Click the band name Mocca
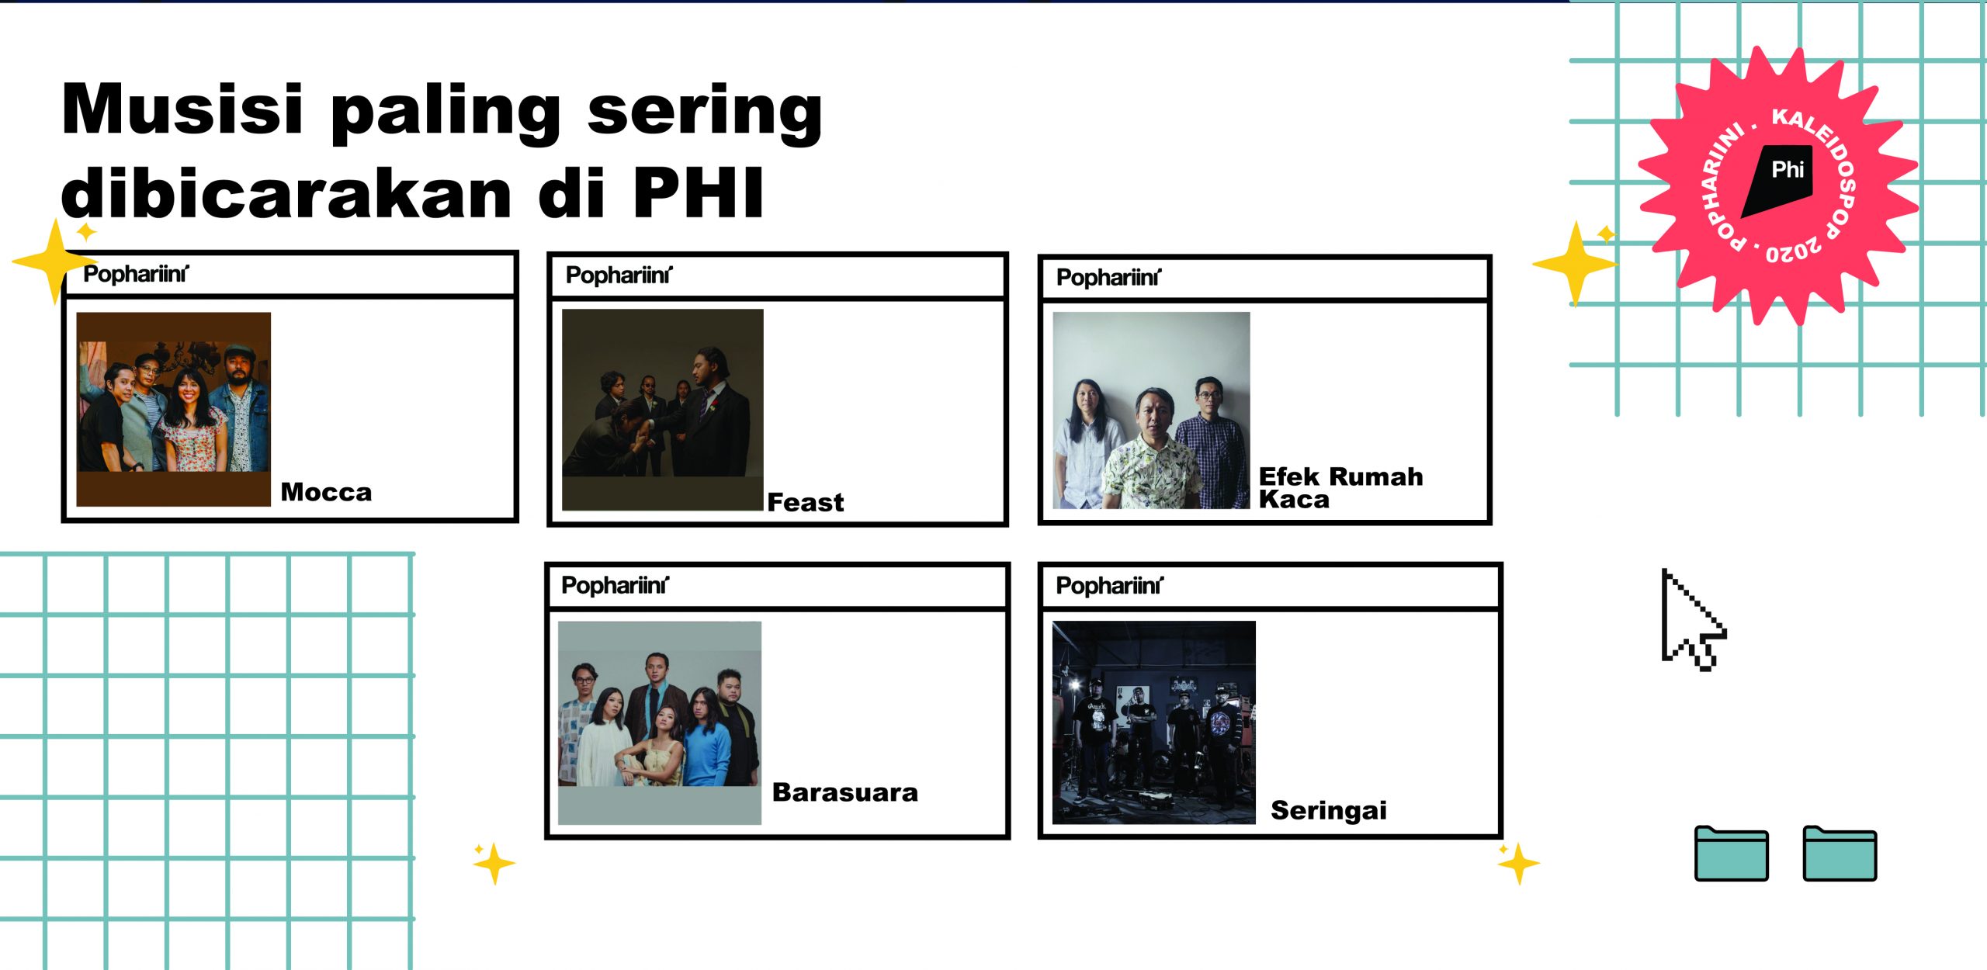326,492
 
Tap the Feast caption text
805,502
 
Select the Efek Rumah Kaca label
1340,487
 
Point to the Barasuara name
844,792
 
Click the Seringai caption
1328,811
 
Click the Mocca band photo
173,409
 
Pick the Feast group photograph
662,410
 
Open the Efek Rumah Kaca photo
1151,411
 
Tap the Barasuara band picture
659,722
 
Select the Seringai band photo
1153,722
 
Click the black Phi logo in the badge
1778,180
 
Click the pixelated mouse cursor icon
1692,619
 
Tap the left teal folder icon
1731,853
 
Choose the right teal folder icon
1840,853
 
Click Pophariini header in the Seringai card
1109,586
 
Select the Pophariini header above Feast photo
619,275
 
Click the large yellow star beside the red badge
1575,263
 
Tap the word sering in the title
704,114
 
